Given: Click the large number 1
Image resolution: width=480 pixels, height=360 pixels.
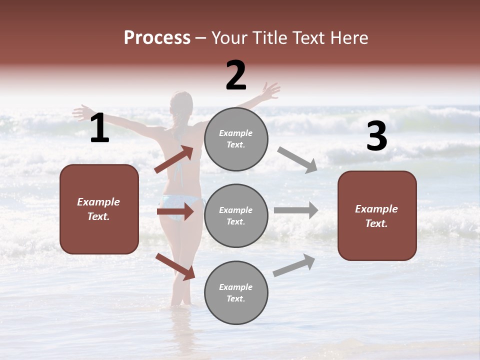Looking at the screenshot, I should [x=99, y=128].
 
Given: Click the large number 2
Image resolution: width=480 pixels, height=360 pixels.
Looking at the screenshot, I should [x=236, y=75].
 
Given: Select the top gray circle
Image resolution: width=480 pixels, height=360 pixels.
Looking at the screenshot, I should [x=236, y=139].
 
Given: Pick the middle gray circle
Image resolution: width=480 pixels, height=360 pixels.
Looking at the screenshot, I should [x=236, y=215].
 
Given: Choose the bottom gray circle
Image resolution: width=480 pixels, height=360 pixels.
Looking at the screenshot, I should [x=236, y=292].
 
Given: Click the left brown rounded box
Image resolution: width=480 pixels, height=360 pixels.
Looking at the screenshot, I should [x=99, y=209].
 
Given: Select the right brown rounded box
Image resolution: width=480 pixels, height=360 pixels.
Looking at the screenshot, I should [x=377, y=215].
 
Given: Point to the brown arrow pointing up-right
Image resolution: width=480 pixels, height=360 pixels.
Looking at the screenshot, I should [x=174, y=159].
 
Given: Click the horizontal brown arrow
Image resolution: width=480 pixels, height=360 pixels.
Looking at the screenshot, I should [x=175, y=211].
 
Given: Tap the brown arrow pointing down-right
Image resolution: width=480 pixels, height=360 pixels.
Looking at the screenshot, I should [x=175, y=266].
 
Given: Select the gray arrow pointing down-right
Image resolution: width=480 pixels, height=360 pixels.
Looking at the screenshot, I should [x=297, y=159].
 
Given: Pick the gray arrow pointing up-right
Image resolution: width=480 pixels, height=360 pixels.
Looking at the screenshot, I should [x=294, y=265].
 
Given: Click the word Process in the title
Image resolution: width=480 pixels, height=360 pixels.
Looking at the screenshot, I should [x=157, y=37].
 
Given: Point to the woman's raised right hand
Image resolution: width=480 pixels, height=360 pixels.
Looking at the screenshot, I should [x=270, y=91].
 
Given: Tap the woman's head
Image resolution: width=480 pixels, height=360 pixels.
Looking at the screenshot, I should [x=181, y=103].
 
